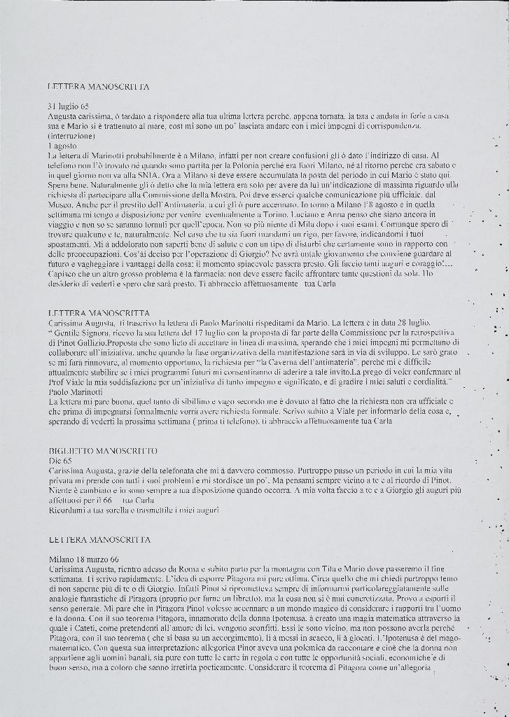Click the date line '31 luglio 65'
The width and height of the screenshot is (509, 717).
(68, 105)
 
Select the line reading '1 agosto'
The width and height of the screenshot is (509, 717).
(62, 144)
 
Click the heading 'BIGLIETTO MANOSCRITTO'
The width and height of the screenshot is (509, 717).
(103, 450)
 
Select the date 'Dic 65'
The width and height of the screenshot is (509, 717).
(60, 460)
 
